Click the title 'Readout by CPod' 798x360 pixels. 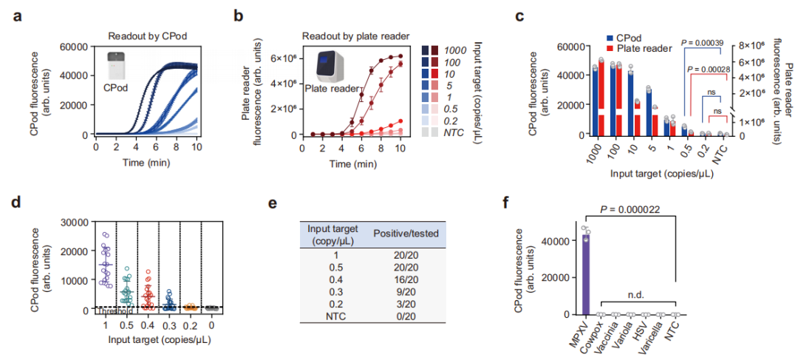tap(145, 35)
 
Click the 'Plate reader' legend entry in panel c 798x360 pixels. tap(641, 49)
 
